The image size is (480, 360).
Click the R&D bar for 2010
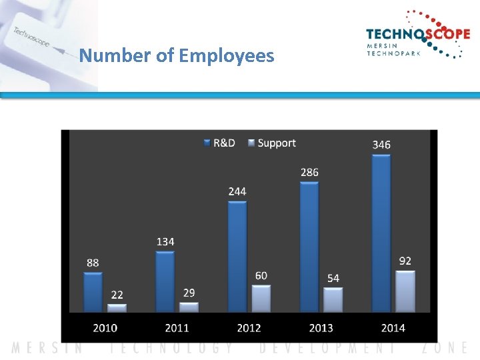tap(93, 291)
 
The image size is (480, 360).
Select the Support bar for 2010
tap(117, 308)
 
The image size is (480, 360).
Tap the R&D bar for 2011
tap(165, 281)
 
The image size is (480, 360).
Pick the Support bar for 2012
tap(261, 299)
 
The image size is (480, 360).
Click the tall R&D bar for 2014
tap(381, 233)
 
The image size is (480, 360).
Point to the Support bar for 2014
tap(405, 291)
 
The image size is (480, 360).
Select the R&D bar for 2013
tap(309, 247)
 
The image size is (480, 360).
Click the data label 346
tap(381, 145)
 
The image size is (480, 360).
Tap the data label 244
tap(237, 191)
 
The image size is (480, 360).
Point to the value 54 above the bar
tap(333, 278)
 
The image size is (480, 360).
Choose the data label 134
tap(165, 241)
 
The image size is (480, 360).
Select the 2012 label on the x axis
tap(249, 327)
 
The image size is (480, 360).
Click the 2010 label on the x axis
tap(105, 327)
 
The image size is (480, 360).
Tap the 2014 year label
tap(393, 327)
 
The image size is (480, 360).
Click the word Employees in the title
tap(226, 55)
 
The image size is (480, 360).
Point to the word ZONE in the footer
tap(445, 348)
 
